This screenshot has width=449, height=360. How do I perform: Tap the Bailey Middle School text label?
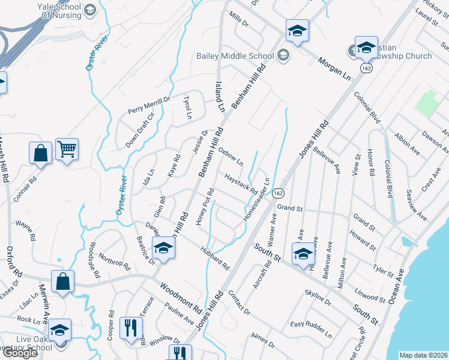pyautogui.click(x=235, y=56)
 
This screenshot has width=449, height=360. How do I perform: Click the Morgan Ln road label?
pyautogui.click(x=334, y=69)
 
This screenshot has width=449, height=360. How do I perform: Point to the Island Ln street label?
pyautogui.click(x=220, y=98)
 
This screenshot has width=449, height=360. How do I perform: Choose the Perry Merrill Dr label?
pyautogui.click(x=149, y=106)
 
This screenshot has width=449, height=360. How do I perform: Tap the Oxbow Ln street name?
pyautogui.click(x=231, y=155)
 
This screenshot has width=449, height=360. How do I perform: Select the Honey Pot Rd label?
pyautogui.click(x=205, y=207)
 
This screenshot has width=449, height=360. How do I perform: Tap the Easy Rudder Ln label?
pyautogui.click(x=310, y=329)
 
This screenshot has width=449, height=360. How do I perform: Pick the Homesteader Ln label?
pyautogui.click(x=256, y=199)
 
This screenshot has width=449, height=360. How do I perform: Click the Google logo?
pyautogui.click(x=20, y=353)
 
